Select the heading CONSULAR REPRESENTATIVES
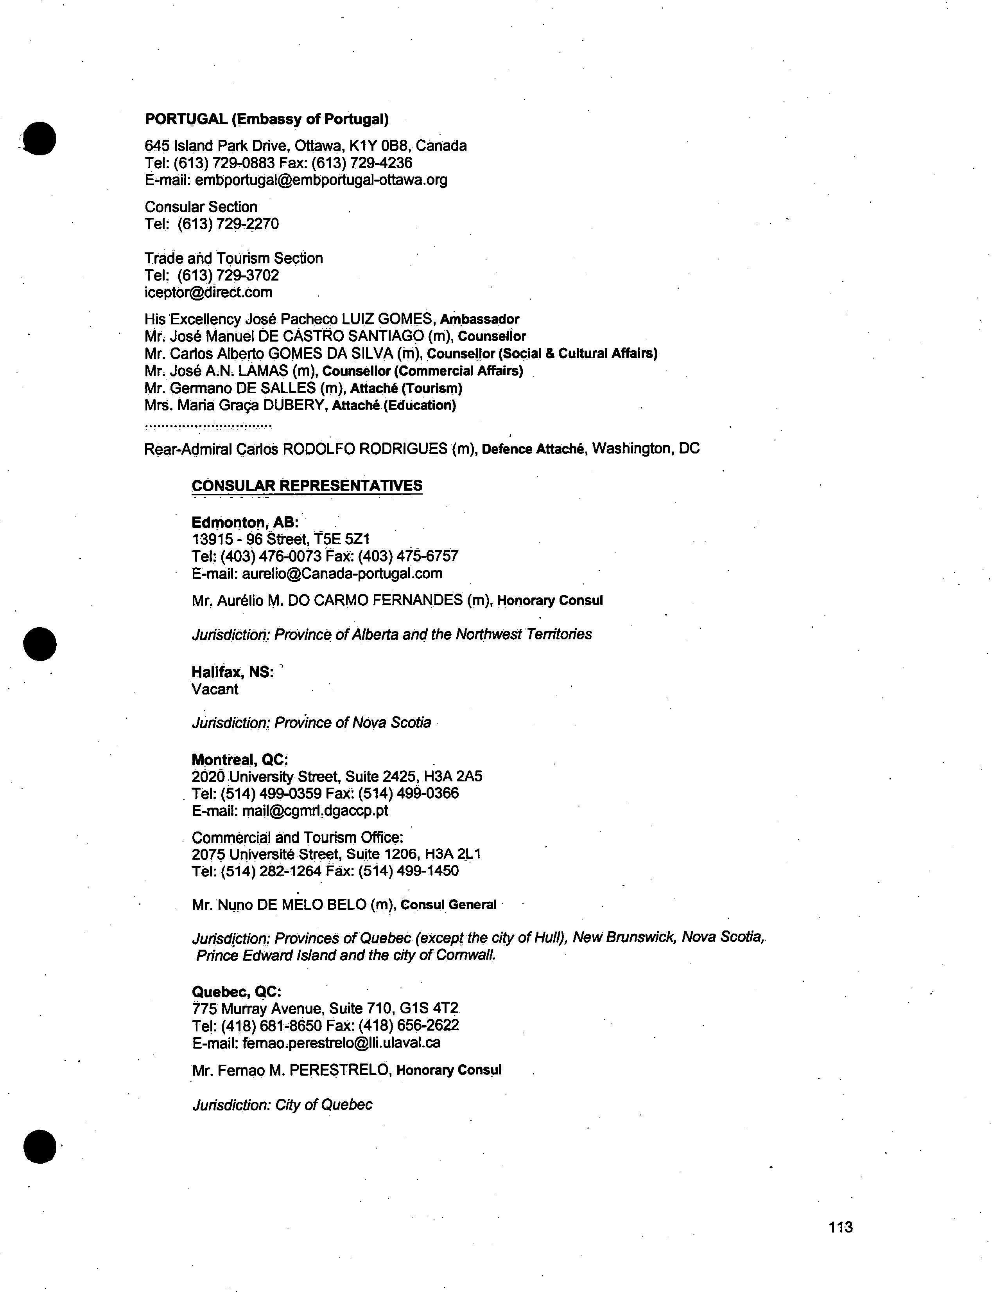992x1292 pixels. click(307, 486)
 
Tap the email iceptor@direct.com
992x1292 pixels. click(208, 292)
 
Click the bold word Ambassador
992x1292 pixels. click(479, 320)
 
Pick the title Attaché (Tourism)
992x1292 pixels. click(406, 388)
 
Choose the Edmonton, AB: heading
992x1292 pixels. click(245, 522)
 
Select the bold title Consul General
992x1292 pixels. click(448, 905)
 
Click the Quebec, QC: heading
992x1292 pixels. click(236, 992)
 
